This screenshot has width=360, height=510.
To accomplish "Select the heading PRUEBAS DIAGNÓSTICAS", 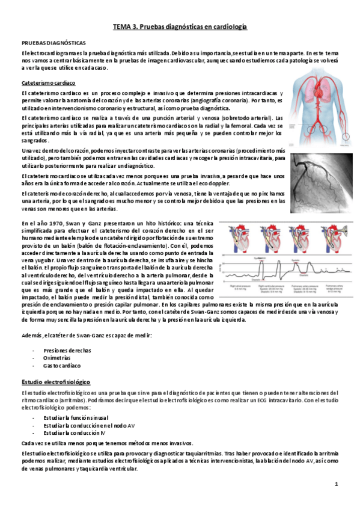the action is tap(53, 43).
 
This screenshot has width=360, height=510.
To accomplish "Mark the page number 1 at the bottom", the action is tap(337, 484).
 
